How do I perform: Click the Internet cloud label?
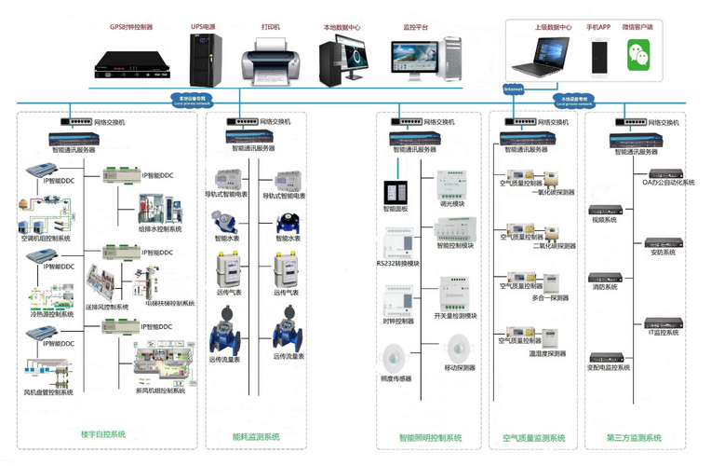tap(513, 89)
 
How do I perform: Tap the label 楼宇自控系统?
tap(102, 436)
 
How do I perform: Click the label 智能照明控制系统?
tap(430, 437)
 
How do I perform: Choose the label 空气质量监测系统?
tap(533, 437)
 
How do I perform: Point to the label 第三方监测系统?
tap(634, 437)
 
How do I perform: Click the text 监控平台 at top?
tap(416, 28)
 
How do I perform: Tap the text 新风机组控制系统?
tap(161, 391)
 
